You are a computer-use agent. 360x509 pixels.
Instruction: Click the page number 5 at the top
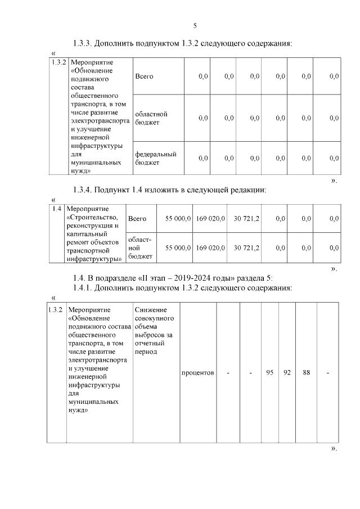point(195,26)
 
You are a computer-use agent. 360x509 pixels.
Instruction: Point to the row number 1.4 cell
point(56,209)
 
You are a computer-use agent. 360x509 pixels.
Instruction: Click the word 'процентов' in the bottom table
point(198,372)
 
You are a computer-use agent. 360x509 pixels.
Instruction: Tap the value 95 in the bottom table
point(269,372)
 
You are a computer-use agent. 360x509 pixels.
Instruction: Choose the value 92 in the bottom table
point(286,372)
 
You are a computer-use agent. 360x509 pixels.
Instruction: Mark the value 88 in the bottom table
point(306,372)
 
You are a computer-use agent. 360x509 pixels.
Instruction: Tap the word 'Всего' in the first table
point(144,76)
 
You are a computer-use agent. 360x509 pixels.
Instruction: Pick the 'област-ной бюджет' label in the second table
point(138,247)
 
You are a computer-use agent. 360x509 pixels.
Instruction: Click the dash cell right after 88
point(327,372)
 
